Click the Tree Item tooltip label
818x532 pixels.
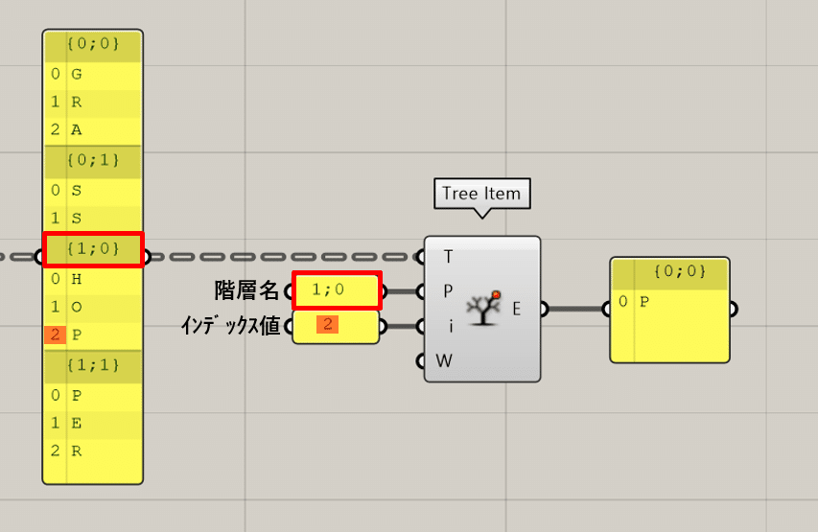click(x=482, y=194)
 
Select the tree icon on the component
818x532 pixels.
click(x=484, y=308)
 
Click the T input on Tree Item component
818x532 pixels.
click(x=448, y=257)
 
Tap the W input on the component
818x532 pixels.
click(x=444, y=360)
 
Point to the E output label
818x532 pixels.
click(x=517, y=309)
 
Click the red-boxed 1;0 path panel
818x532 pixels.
click(x=337, y=290)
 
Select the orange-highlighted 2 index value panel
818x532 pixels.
click(x=336, y=327)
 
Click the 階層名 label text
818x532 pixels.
click(x=246, y=290)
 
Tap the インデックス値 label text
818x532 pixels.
click(x=230, y=326)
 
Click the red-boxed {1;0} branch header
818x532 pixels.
click(x=93, y=249)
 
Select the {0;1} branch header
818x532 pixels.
click(x=93, y=160)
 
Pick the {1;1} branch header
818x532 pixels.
click(x=93, y=365)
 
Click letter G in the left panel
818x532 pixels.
click(x=77, y=74)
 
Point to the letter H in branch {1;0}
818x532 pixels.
click(x=77, y=280)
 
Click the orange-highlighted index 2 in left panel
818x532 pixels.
click(x=56, y=335)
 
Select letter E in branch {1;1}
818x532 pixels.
click(x=77, y=423)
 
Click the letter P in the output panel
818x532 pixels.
click(x=644, y=301)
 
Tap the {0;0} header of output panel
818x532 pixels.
click(x=680, y=271)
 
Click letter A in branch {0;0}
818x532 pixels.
click(x=77, y=129)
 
